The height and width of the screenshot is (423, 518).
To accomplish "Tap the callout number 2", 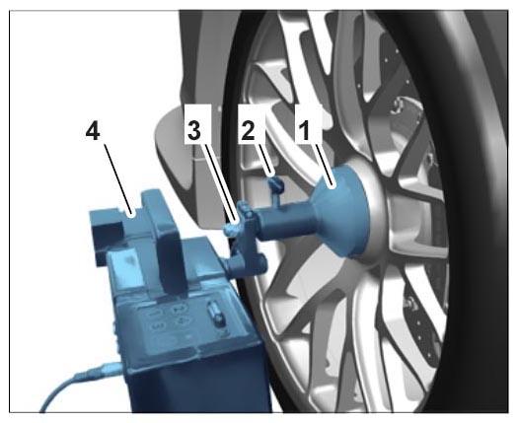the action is (x=249, y=130).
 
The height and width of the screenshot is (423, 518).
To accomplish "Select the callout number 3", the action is (x=194, y=130).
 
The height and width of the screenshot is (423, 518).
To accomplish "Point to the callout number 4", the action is (x=93, y=132).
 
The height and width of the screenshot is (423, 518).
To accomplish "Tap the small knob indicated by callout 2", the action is (x=276, y=183).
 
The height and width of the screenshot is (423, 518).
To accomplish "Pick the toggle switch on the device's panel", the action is (x=215, y=315).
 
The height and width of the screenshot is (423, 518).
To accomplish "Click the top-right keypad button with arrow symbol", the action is (x=179, y=308).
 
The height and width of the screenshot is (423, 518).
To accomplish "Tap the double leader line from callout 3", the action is (x=219, y=181).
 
